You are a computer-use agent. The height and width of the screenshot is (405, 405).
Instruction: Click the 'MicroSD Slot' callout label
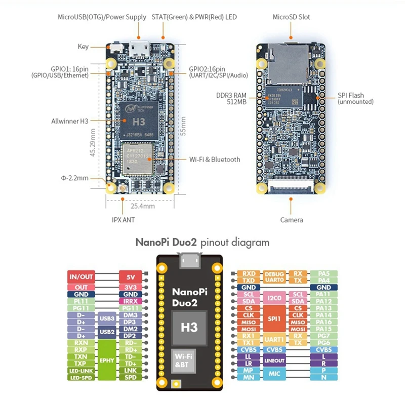click(x=291, y=17)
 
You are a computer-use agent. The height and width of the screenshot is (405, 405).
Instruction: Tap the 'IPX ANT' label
click(x=123, y=220)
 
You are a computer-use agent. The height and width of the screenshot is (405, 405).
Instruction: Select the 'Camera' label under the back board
click(x=292, y=220)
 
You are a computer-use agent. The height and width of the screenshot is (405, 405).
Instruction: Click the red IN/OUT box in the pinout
click(x=81, y=276)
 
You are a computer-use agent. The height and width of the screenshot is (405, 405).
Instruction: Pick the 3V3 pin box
click(x=130, y=287)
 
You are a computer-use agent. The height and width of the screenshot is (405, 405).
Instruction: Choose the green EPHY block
click(x=107, y=360)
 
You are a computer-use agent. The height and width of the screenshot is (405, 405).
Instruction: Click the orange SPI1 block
click(x=275, y=318)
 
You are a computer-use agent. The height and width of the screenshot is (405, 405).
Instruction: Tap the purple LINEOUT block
click(x=275, y=360)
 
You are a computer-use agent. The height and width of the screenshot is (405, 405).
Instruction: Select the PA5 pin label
click(x=323, y=273)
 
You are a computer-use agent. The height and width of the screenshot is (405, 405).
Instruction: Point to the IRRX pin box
click(x=130, y=301)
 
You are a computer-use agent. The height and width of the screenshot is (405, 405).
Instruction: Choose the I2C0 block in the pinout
click(x=275, y=297)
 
